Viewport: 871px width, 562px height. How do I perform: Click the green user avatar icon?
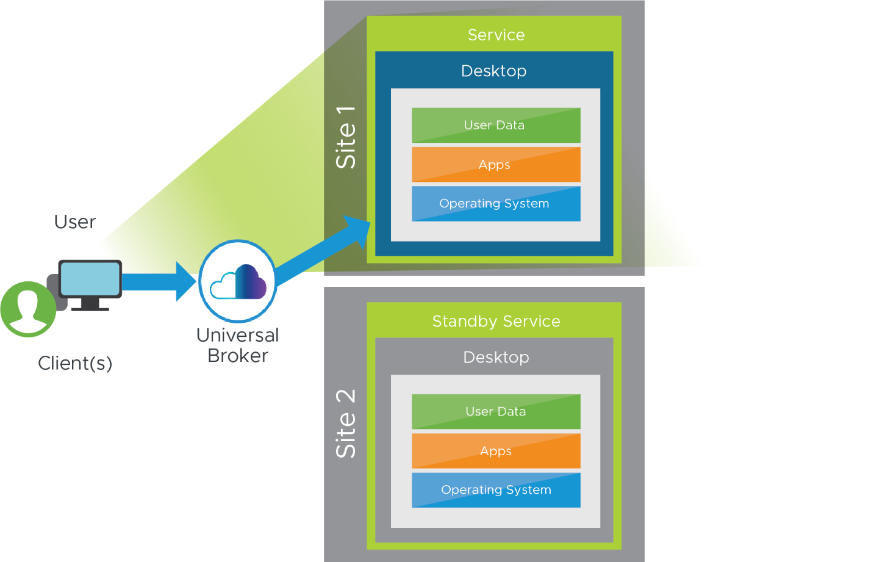tap(28, 309)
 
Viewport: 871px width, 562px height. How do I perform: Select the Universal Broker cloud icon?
tap(238, 281)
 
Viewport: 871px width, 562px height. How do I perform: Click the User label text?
tap(75, 222)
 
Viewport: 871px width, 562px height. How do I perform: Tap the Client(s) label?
tap(75, 363)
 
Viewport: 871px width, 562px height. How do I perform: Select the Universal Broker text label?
tap(238, 345)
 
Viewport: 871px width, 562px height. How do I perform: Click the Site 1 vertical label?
tap(346, 137)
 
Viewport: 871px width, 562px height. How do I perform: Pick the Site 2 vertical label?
tap(346, 423)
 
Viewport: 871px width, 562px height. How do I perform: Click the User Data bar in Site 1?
tap(495, 125)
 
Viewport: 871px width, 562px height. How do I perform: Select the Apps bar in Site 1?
tap(495, 165)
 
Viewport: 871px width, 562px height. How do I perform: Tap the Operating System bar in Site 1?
tap(495, 204)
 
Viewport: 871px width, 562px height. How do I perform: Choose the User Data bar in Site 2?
tap(495, 411)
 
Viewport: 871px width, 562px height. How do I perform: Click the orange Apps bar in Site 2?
tap(495, 451)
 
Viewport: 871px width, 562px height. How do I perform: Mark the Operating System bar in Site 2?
tap(495, 490)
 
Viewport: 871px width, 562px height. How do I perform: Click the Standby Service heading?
tap(496, 322)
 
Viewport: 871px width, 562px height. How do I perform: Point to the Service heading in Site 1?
tap(496, 35)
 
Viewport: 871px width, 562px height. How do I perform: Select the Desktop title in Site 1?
tap(493, 71)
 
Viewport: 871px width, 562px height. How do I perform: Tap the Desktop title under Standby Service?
tap(496, 358)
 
